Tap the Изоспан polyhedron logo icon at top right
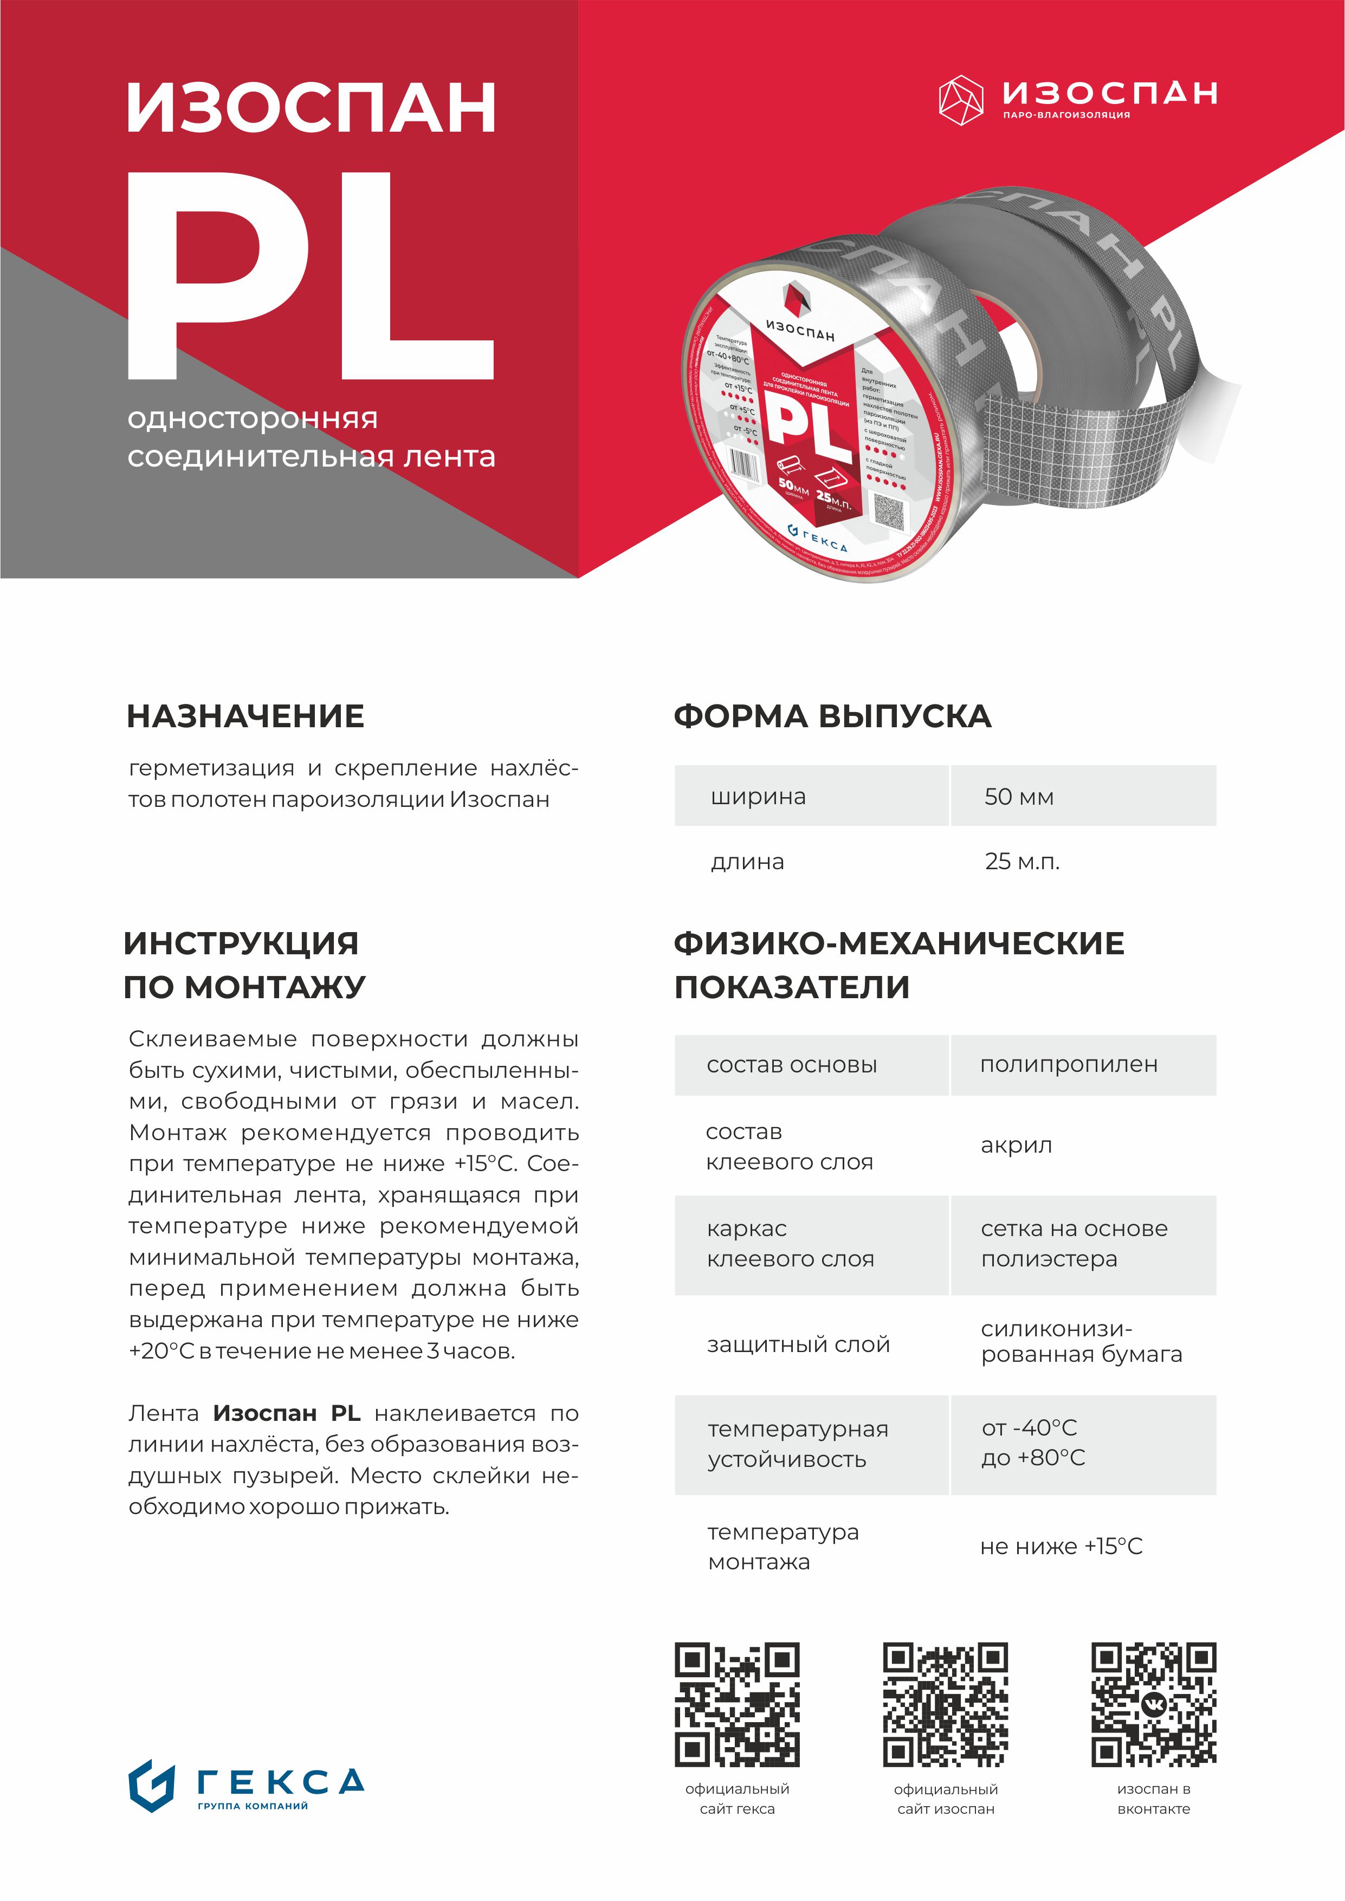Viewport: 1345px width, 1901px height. click(x=961, y=100)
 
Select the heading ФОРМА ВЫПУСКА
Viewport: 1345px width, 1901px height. click(x=832, y=716)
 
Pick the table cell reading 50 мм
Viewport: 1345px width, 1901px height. click(x=1019, y=797)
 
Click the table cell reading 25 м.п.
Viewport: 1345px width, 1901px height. click(x=1022, y=861)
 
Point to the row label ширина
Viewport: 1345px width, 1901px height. click(x=758, y=797)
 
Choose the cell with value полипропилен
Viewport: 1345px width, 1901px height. click(x=1069, y=1065)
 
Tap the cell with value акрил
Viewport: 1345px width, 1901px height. click(x=1016, y=1146)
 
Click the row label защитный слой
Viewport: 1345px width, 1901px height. click(x=798, y=1344)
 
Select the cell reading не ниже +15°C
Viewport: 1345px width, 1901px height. click(x=1061, y=1547)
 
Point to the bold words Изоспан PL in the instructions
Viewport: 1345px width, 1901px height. click(x=287, y=1413)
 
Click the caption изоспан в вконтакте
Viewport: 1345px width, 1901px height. click(x=1154, y=1799)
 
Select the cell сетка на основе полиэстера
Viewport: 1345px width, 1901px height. click(x=1074, y=1244)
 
